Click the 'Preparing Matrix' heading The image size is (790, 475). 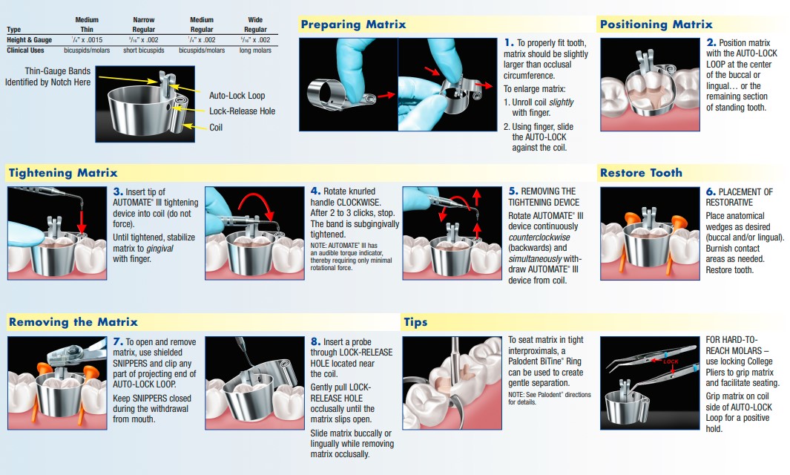pos(353,24)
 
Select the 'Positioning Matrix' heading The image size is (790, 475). pos(656,24)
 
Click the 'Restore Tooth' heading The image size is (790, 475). pos(641,173)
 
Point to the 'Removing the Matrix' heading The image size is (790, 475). pos(73,322)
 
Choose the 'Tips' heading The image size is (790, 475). pos(415,322)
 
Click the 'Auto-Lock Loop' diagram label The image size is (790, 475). pos(237,96)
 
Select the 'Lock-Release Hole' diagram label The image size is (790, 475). pos(242,111)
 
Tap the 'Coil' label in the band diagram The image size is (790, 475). pos(216,127)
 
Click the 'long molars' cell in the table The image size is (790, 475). pos(255,50)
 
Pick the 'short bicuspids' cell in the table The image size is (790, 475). pos(144,50)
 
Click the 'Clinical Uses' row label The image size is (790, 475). pos(26,50)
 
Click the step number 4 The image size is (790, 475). pos(315,191)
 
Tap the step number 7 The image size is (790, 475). pos(117,341)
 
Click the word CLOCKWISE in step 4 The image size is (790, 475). pos(366,202)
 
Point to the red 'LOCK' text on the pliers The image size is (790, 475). pos(671,361)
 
